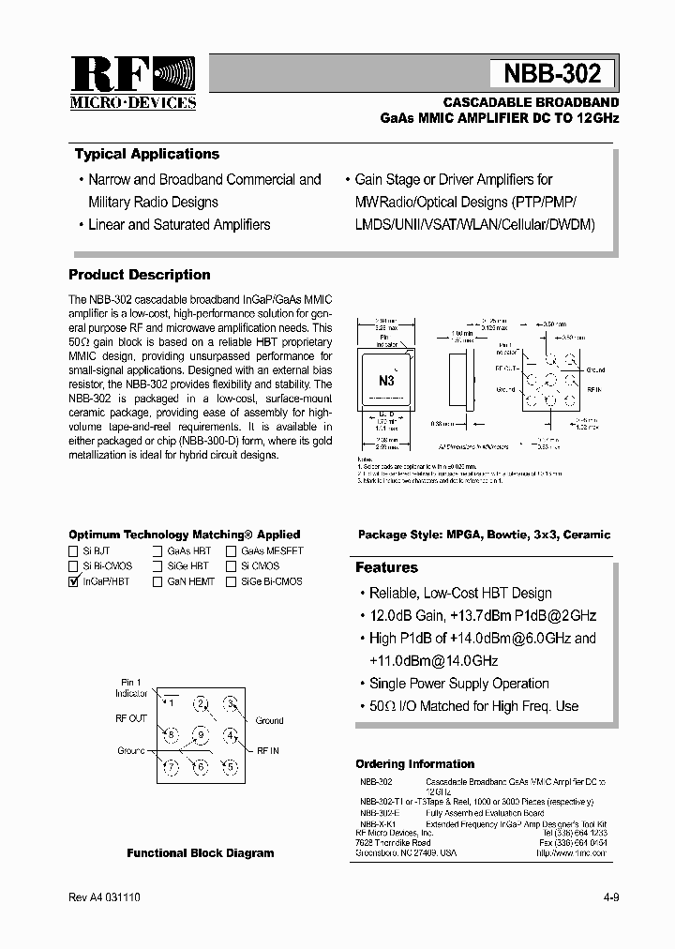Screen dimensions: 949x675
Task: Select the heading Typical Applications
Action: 146,154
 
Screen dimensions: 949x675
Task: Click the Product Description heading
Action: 139,275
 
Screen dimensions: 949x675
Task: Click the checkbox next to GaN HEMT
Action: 158,581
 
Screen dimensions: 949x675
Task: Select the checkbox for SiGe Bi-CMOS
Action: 232,581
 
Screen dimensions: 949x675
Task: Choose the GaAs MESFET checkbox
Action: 232,551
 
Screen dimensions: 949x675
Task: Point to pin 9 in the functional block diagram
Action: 200,734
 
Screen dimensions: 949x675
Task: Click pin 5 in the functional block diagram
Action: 229,766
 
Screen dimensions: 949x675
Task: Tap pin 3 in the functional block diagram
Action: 229,703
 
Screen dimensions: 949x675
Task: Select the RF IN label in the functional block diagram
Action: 269,751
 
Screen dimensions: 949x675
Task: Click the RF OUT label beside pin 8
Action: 131,718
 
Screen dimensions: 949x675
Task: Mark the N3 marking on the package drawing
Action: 386,380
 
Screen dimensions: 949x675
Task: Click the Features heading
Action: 386,567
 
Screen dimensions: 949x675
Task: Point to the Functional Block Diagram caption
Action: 201,853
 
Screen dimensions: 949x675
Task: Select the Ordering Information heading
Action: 414,763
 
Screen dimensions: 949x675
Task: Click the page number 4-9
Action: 610,897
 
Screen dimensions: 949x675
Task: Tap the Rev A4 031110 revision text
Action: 104,897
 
